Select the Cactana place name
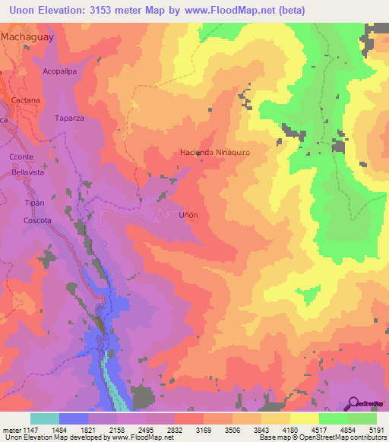tap(25, 100)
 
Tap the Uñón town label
tap(188, 215)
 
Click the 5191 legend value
tap(377, 430)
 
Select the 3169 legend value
tap(204, 430)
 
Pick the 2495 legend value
tap(146, 430)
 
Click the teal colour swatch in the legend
tap(45, 418)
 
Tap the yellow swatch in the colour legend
tap(305, 418)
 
